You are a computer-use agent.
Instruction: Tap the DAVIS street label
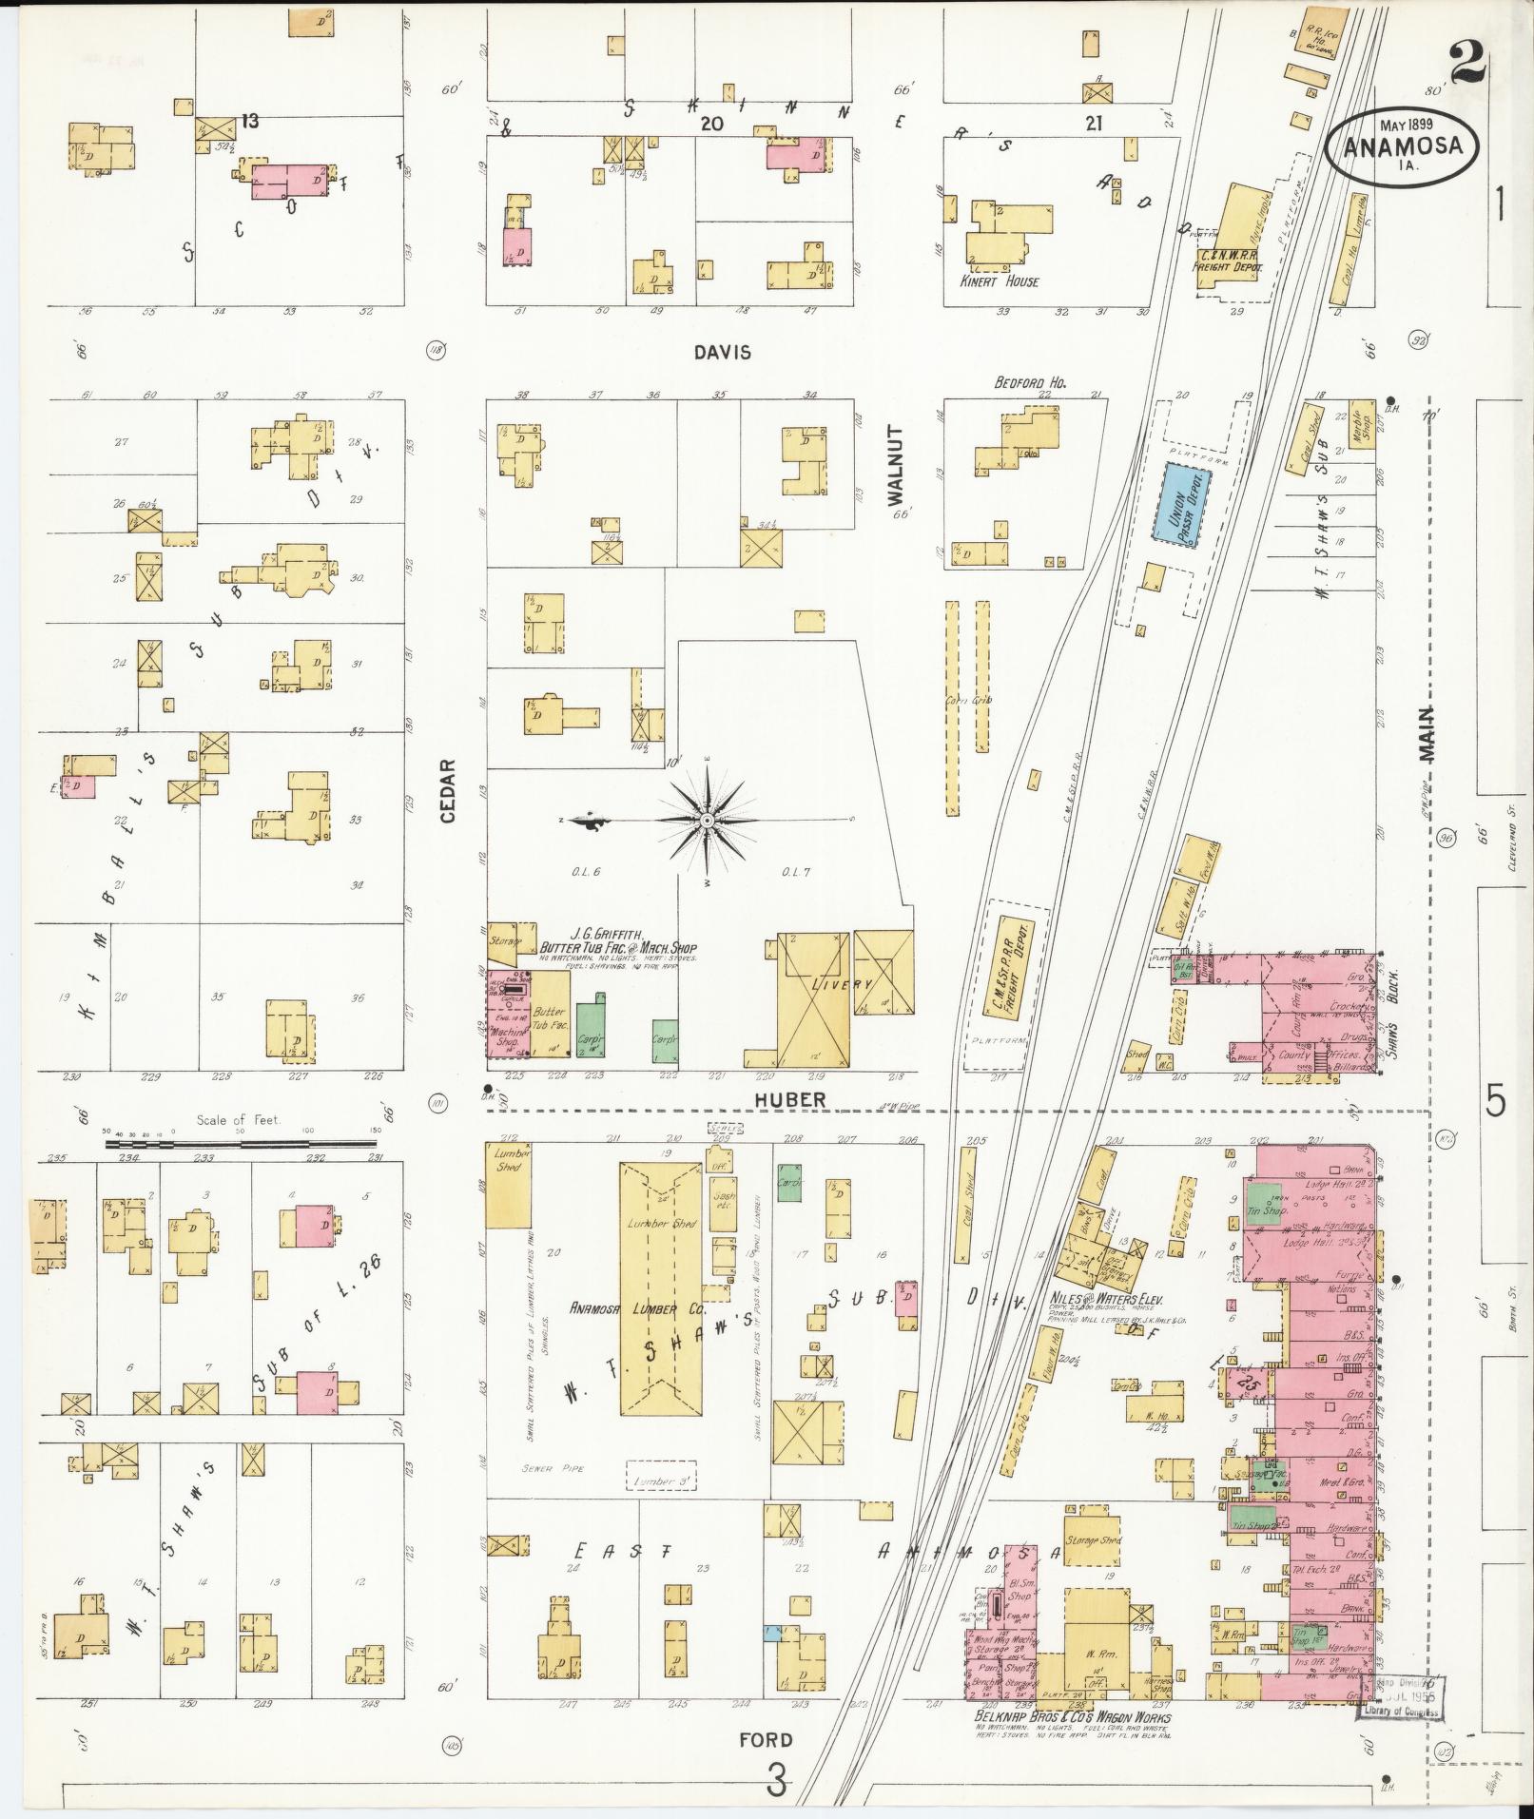coord(722,353)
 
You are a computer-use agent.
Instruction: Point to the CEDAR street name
coord(448,790)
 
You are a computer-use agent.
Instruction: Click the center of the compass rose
coord(707,820)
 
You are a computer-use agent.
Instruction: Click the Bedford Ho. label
coord(1031,382)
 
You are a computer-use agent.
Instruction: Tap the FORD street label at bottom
coord(765,1740)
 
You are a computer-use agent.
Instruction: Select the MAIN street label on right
coord(1426,736)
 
